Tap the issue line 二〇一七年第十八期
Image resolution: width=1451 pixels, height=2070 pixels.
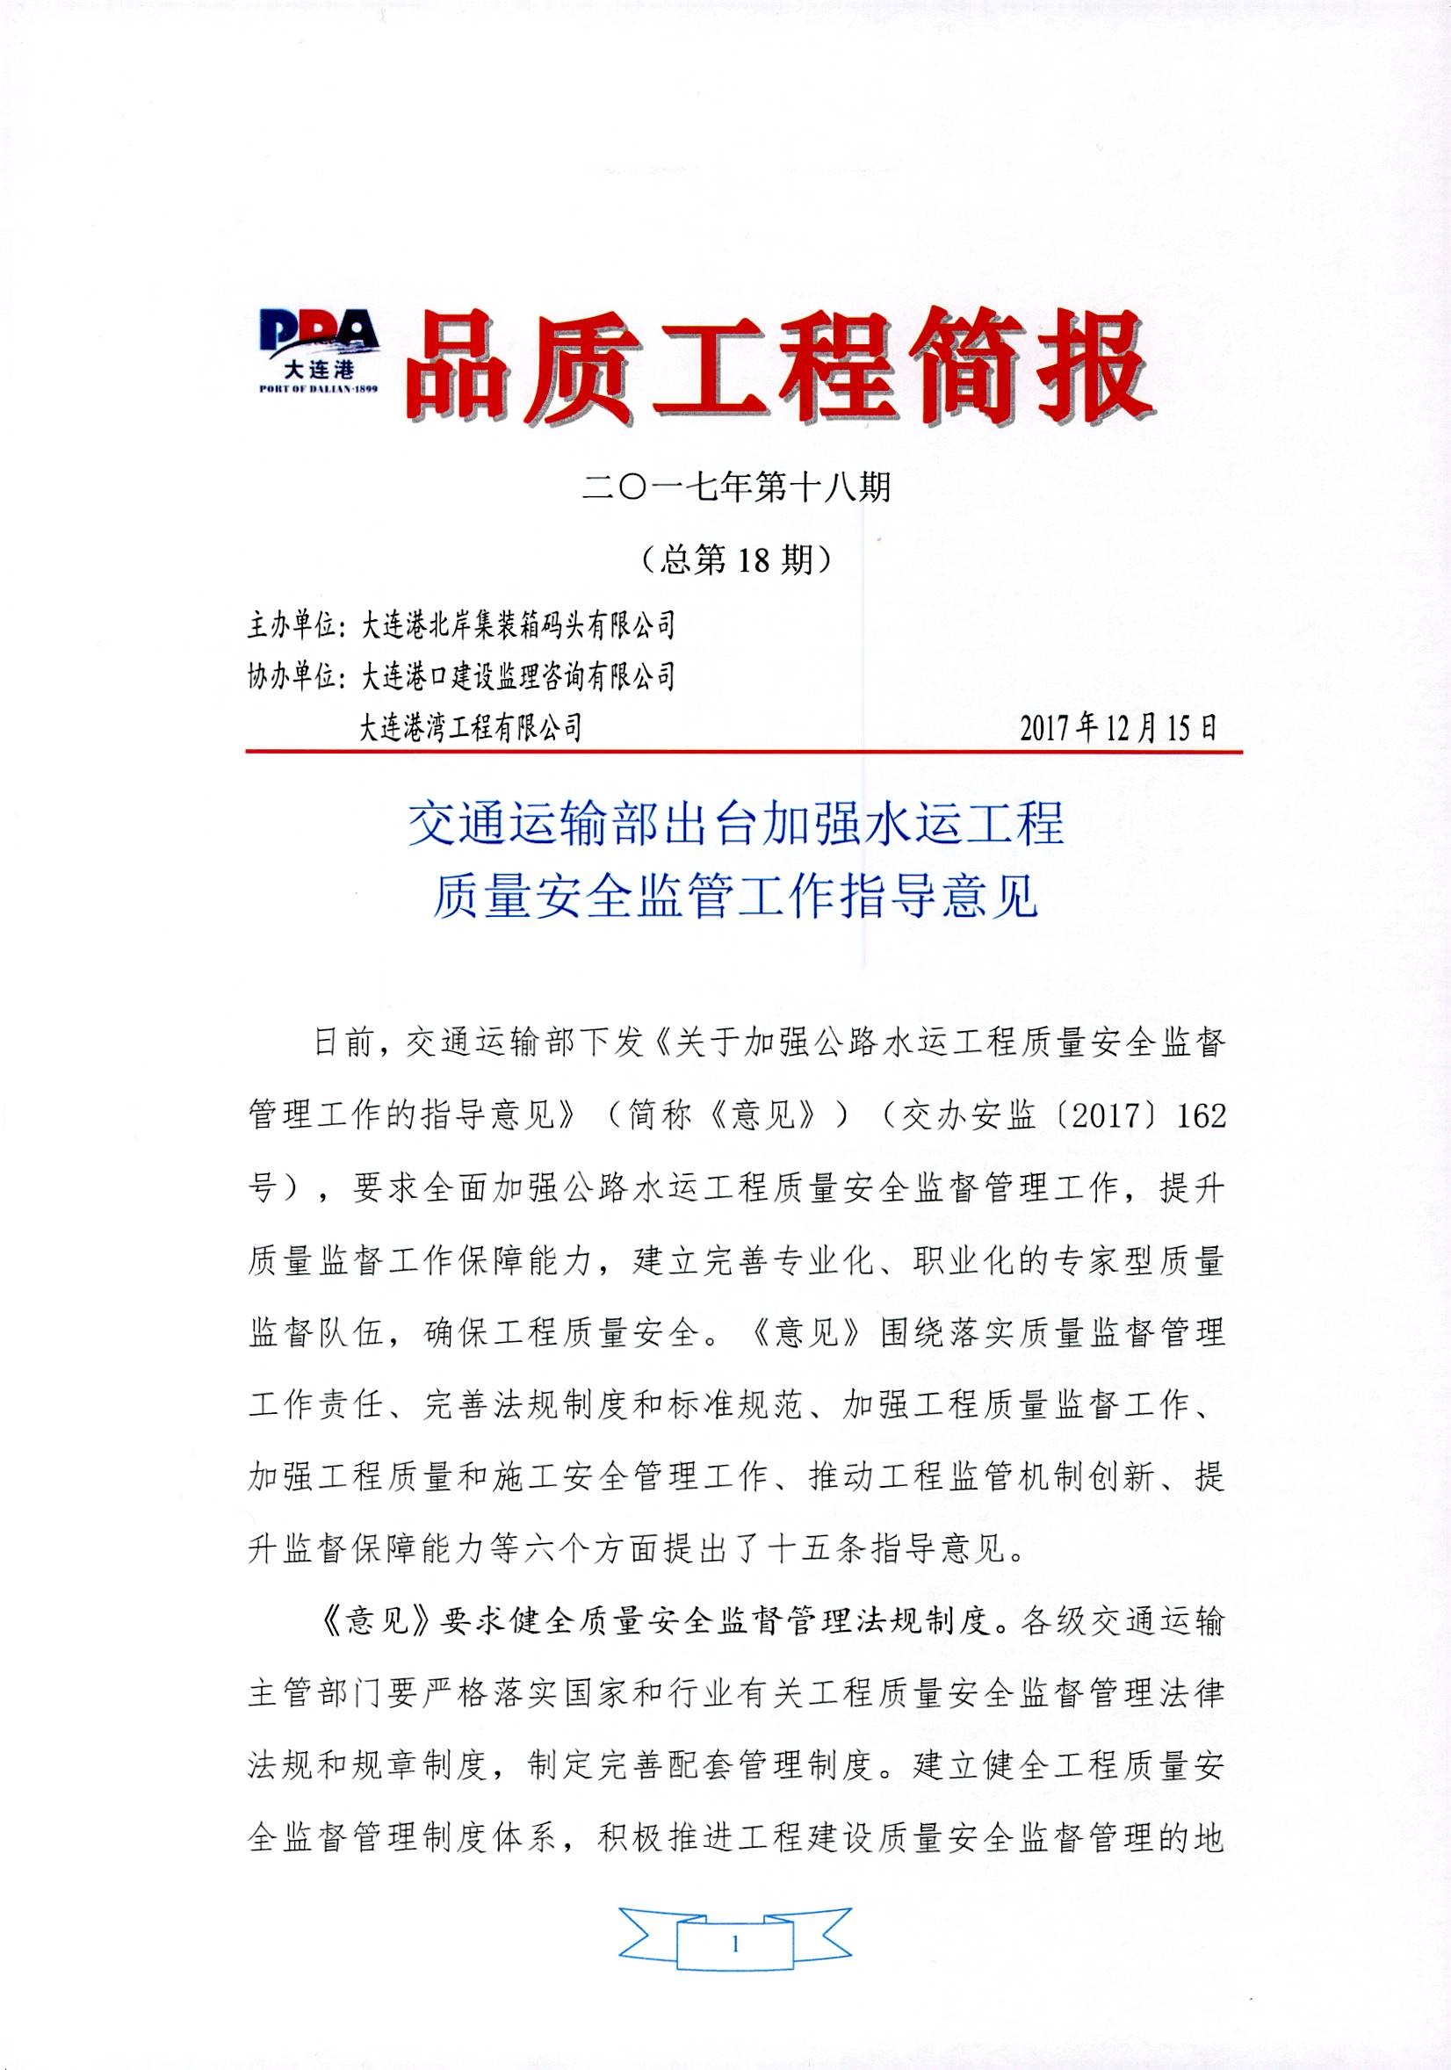[x=736, y=487]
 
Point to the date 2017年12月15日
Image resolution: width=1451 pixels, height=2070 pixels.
[x=1118, y=726]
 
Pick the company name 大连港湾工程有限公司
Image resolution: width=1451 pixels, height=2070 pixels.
[x=471, y=726]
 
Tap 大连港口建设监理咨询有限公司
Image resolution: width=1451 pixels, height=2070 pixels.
[x=517, y=676]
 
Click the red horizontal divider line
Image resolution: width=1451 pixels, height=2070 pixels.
[x=743, y=750]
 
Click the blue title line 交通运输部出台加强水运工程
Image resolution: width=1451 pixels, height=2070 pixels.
[x=736, y=824]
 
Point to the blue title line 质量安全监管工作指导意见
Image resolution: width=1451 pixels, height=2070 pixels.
[x=736, y=898]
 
